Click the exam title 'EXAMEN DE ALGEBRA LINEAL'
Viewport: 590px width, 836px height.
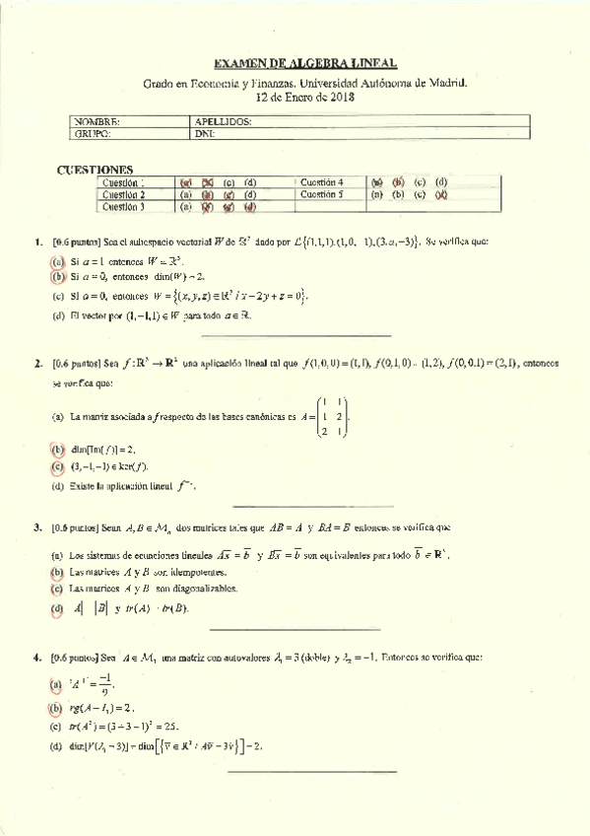pyautogui.click(x=305, y=63)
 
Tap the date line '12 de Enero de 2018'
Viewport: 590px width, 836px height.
pyautogui.click(x=305, y=98)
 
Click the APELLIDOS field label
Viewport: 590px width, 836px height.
pyautogui.click(x=224, y=121)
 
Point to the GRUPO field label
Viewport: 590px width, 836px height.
pyautogui.click(x=94, y=133)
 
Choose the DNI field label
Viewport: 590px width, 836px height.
pyautogui.click(x=205, y=133)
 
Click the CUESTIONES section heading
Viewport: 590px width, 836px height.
pyautogui.click(x=96, y=170)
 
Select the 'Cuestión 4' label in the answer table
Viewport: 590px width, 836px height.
pyautogui.click(x=321, y=182)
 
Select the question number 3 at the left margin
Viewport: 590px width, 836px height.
pyautogui.click(x=36, y=527)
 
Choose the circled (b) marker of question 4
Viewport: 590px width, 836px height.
pyautogui.click(x=57, y=708)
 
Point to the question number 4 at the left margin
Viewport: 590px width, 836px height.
pyautogui.click(x=36, y=656)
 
